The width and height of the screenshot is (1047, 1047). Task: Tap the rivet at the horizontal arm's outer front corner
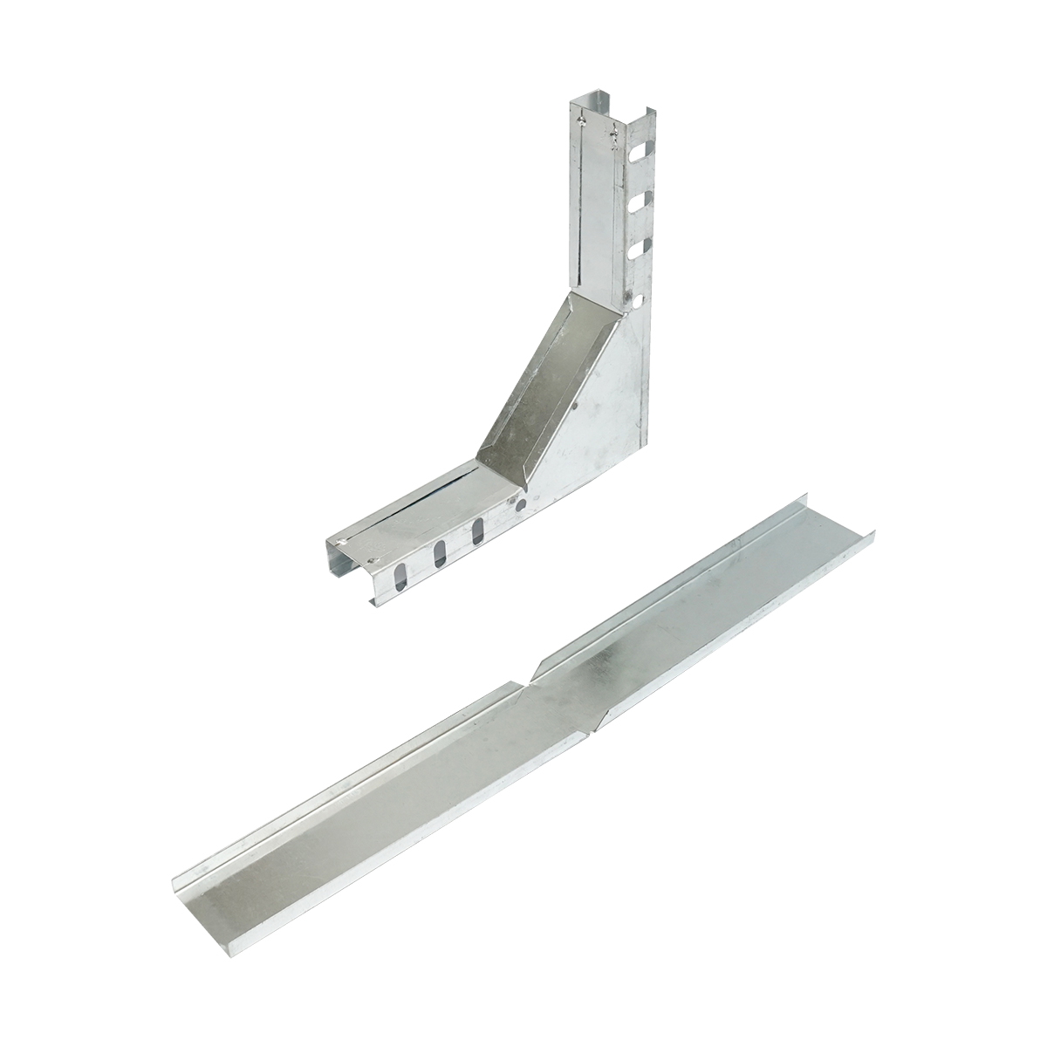click(374, 563)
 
